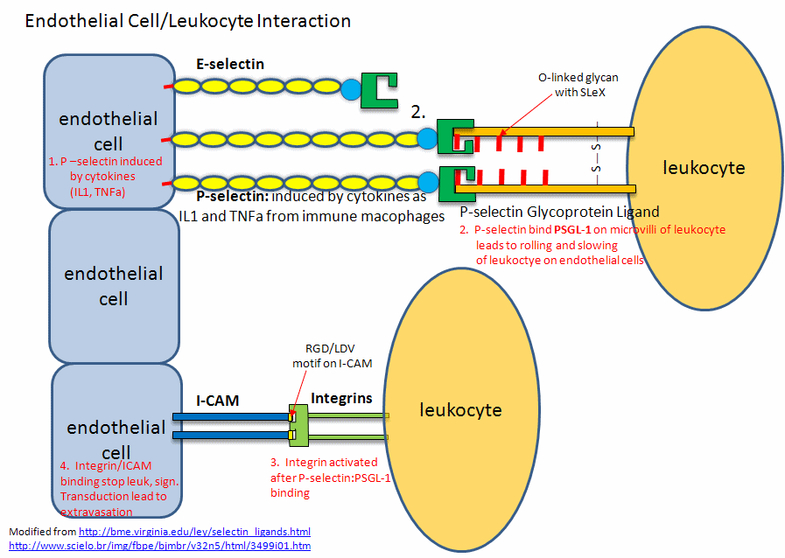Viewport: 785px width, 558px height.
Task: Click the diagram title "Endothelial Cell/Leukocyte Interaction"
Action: pos(188,21)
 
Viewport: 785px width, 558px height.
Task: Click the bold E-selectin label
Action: pos(230,64)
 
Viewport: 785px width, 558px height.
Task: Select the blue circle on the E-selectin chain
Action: pos(350,87)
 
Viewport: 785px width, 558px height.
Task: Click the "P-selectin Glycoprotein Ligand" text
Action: pos(559,212)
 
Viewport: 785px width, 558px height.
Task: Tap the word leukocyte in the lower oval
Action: pos(461,409)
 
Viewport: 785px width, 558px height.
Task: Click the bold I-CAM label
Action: pos(218,401)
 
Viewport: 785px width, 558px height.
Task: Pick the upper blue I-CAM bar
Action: pos(231,417)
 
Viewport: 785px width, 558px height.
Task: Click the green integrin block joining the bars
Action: pos(298,425)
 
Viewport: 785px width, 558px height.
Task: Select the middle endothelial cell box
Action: pos(113,286)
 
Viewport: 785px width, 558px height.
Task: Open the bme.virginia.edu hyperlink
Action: pos(194,532)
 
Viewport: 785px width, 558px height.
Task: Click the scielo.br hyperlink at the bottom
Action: pos(159,546)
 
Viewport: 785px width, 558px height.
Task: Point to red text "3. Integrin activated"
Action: pos(323,462)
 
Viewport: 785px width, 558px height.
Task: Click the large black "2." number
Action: pos(418,111)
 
